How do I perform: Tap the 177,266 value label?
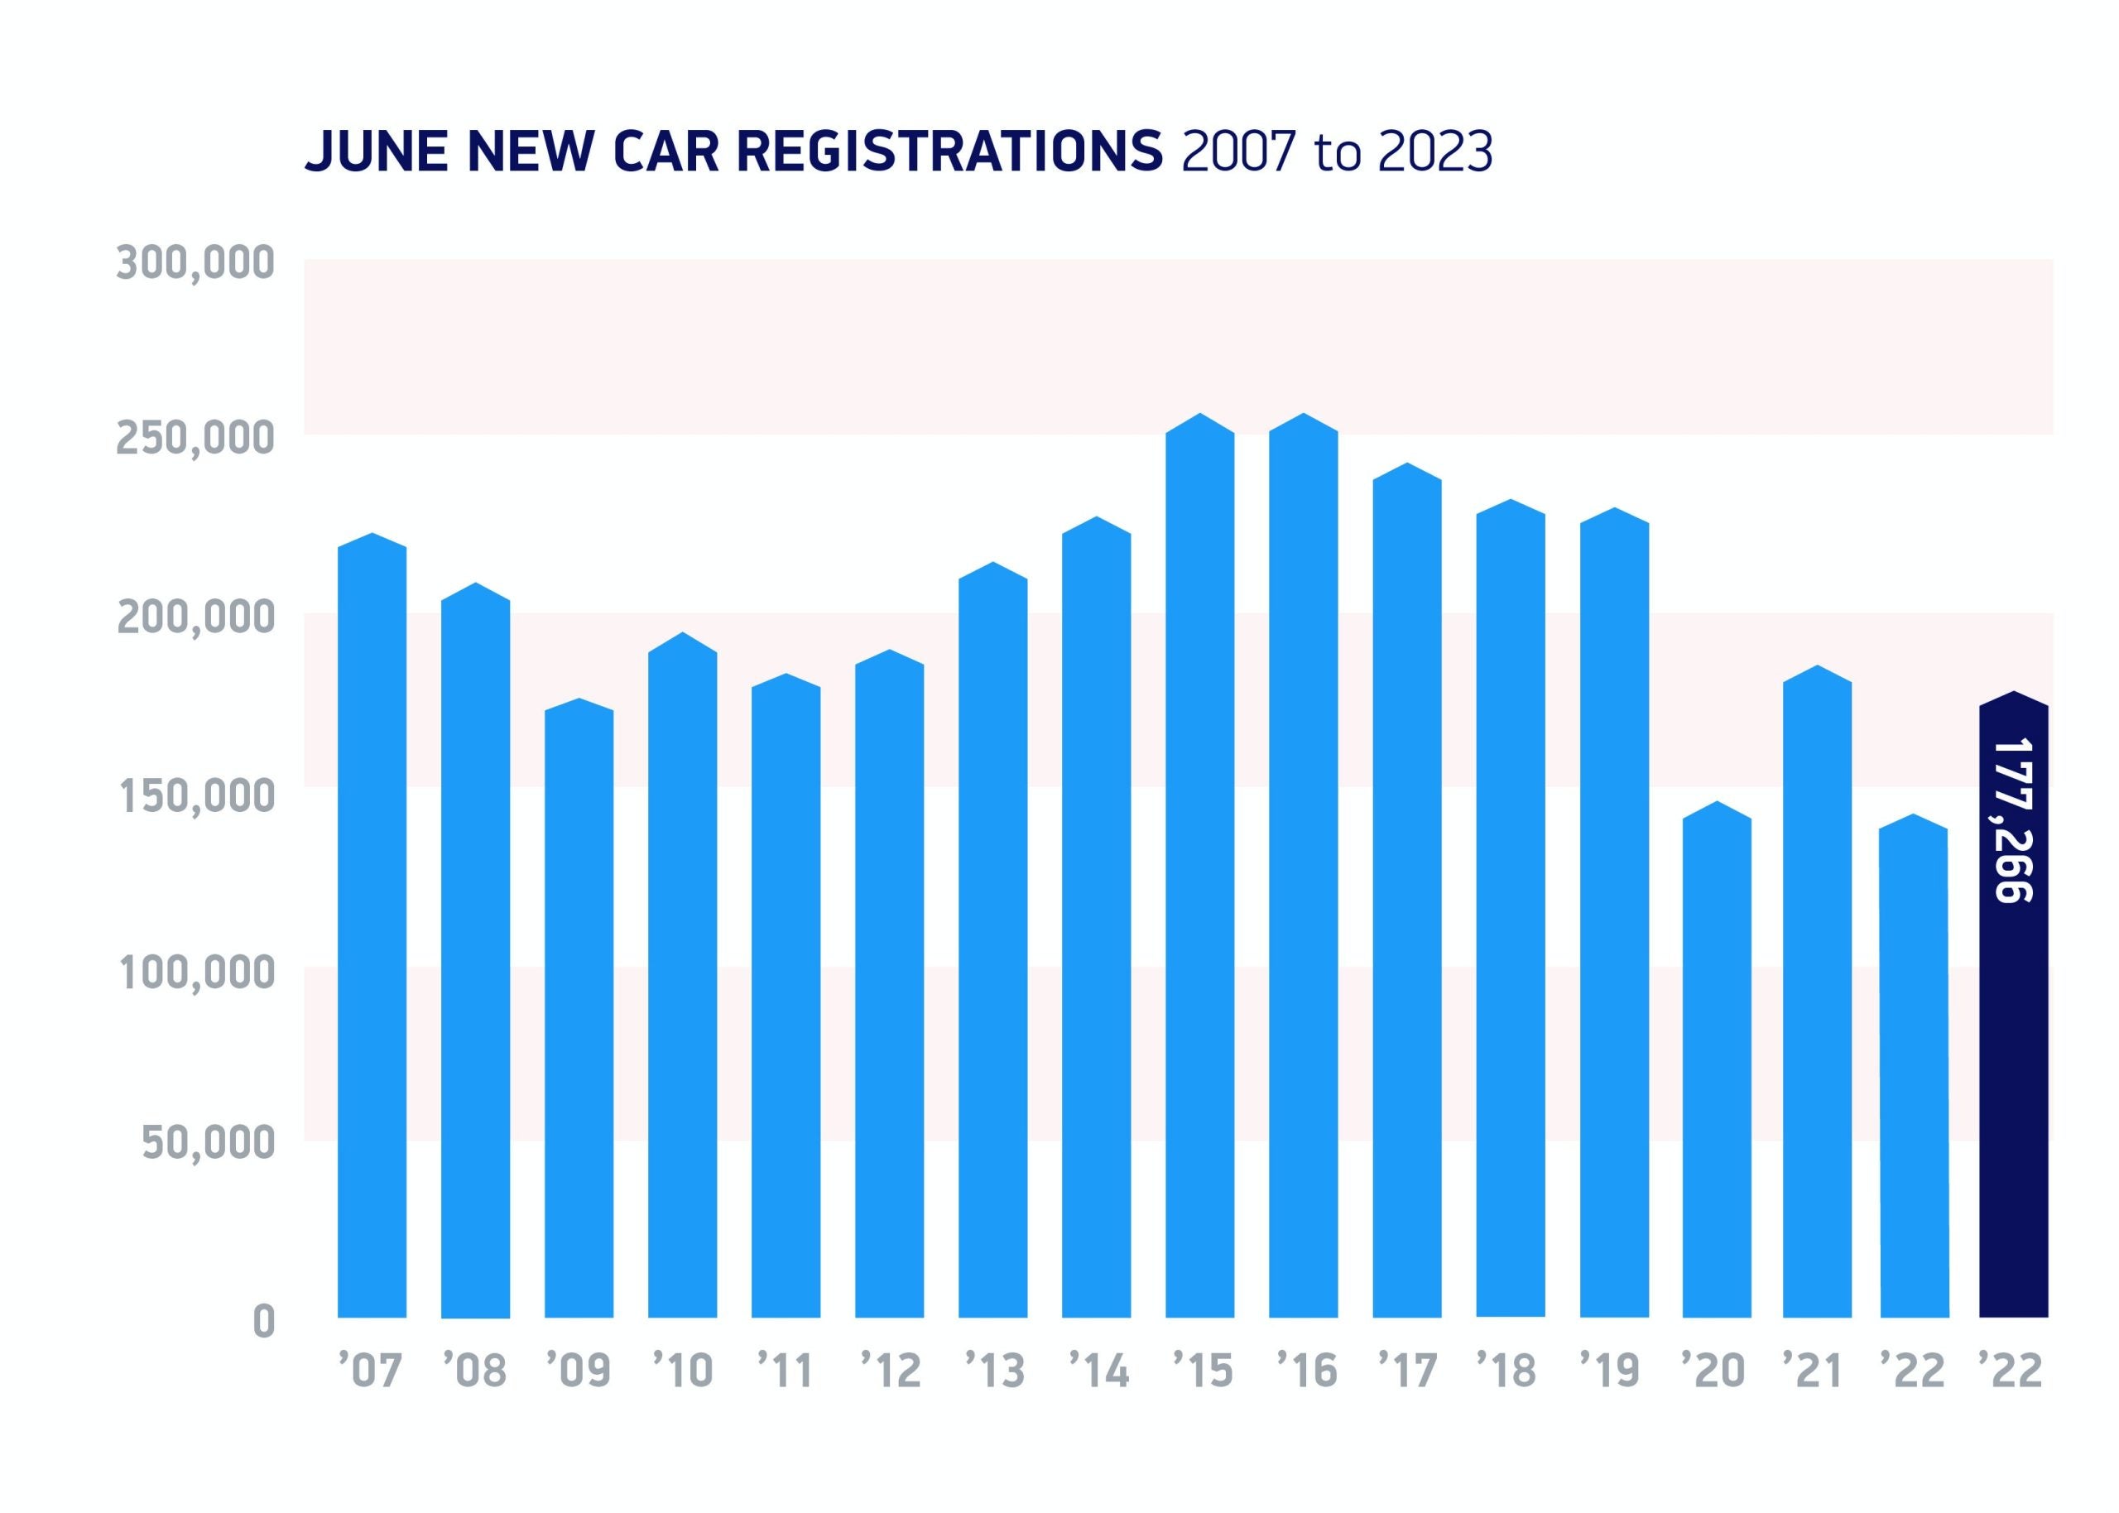2014,820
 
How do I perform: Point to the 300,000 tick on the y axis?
195,264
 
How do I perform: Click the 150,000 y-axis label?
195,796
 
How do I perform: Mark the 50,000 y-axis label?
208,1143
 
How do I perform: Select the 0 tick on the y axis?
265,1322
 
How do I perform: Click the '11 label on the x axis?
786,1371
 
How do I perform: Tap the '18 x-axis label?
1509,1371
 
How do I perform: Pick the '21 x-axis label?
1813,1371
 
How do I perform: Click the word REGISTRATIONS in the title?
950,151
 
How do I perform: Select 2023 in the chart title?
1434,151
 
